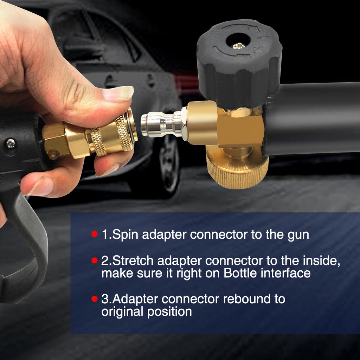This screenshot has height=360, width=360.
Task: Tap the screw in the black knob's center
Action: (x=239, y=46)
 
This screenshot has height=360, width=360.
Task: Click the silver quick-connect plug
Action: (x=163, y=123)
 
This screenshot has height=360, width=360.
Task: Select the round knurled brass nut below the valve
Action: (x=237, y=167)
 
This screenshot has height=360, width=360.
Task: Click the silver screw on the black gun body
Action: (x=11, y=143)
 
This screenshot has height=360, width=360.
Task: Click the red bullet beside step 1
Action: (x=94, y=234)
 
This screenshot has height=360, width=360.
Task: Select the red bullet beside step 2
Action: (x=94, y=261)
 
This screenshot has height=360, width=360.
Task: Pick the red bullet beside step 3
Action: (x=94, y=299)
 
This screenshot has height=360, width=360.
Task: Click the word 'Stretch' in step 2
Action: (x=133, y=261)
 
